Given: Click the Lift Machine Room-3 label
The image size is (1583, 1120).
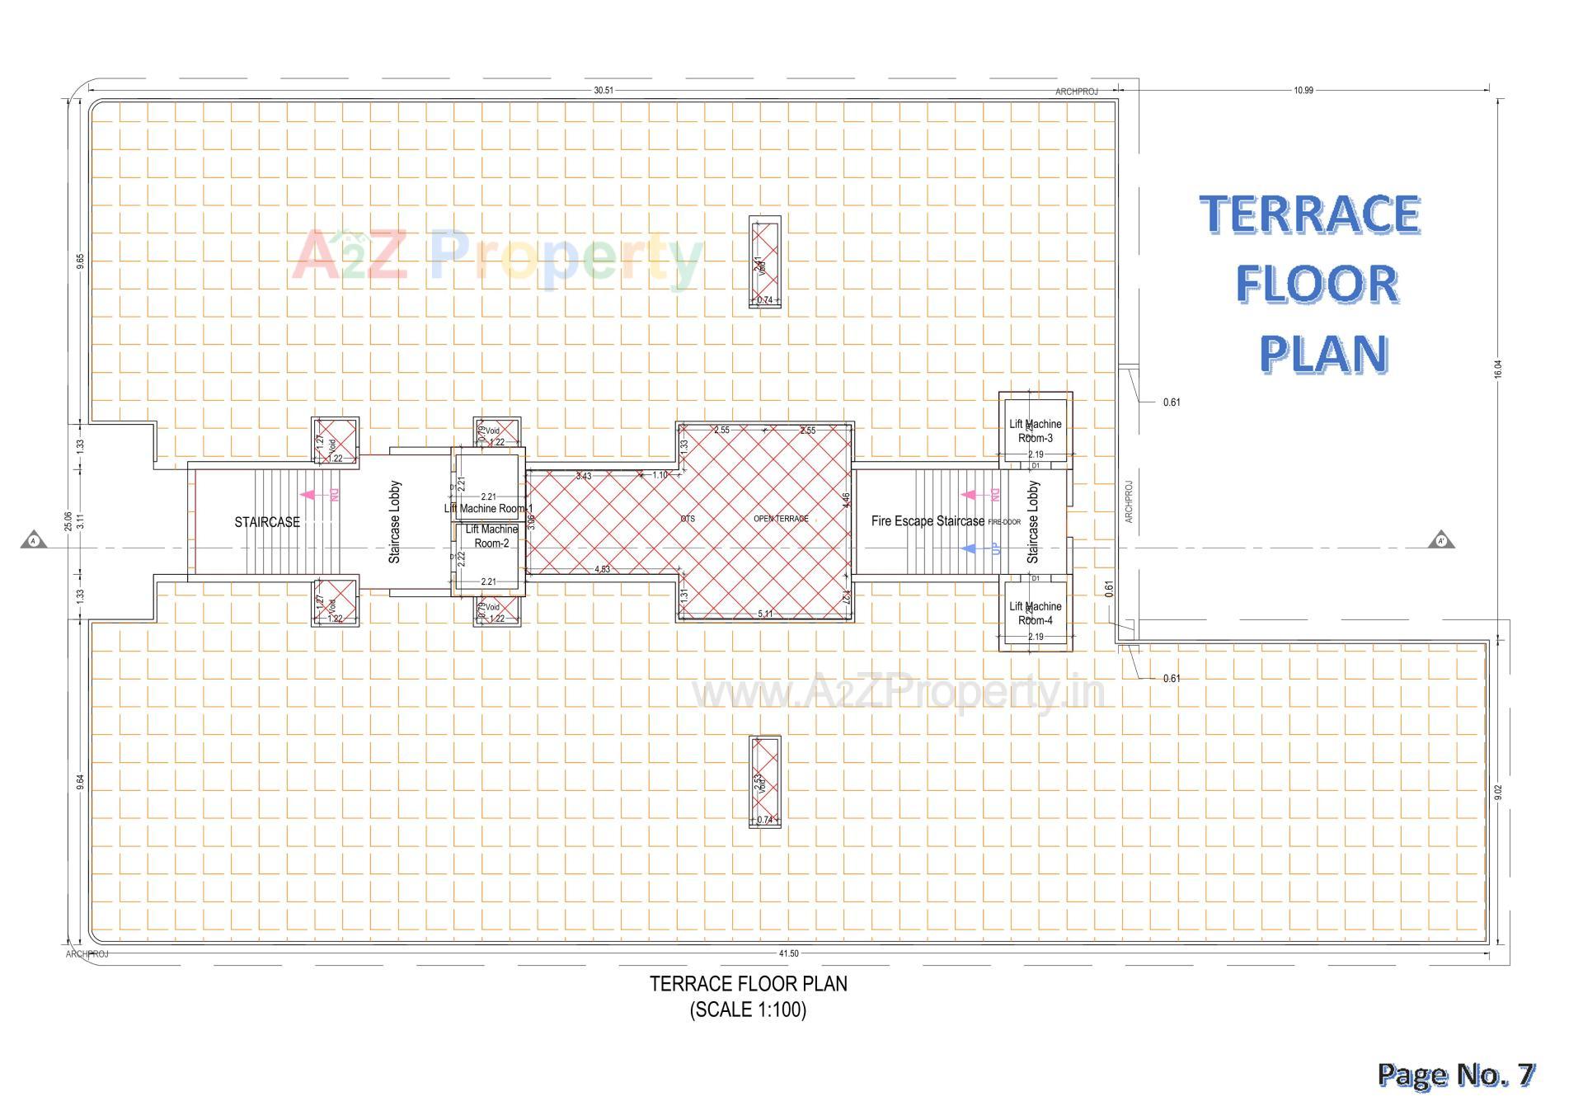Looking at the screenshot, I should pyautogui.click(x=1036, y=431).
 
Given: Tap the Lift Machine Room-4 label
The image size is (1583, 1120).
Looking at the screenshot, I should pyautogui.click(x=1036, y=613).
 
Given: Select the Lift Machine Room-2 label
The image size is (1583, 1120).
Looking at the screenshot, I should pyautogui.click(x=491, y=536).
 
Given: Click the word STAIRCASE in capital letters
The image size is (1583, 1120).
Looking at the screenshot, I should pyautogui.click(x=267, y=522).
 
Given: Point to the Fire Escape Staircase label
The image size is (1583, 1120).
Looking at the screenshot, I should pyautogui.click(x=928, y=521).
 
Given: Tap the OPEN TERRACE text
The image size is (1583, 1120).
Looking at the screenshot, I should pyautogui.click(x=781, y=519).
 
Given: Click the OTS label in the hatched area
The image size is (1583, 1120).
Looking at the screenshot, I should pyautogui.click(x=688, y=519).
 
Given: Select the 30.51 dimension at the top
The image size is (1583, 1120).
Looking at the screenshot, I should pyautogui.click(x=604, y=91).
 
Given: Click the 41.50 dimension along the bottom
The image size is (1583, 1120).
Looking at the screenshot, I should pyautogui.click(x=788, y=953).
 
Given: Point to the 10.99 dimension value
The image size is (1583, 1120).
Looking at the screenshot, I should pyautogui.click(x=1304, y=91).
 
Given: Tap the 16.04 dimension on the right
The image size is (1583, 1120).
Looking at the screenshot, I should pyautogui.click(x=1498, y=369).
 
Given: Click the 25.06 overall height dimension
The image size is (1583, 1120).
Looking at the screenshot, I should pyautogui.click(x=68, y=521).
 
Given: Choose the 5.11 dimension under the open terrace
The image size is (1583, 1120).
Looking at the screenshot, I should pyautogui.click(x=765, y=614).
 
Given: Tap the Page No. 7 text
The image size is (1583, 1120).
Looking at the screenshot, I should pyautogui.click(x=1456, y=1075).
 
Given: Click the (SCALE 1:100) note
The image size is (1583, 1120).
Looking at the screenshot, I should pyautogui.click(x=748, y=1009).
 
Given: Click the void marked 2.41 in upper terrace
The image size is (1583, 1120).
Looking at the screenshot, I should pyautogui.click(x=764, y=262).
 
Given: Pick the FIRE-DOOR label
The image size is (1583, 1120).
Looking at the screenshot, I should pyautogui.click(x=1004, y=522).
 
